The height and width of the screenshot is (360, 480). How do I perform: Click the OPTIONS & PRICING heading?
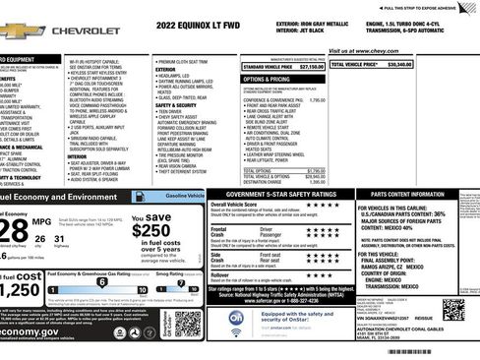pyautogui.click(x=267, y=78)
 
